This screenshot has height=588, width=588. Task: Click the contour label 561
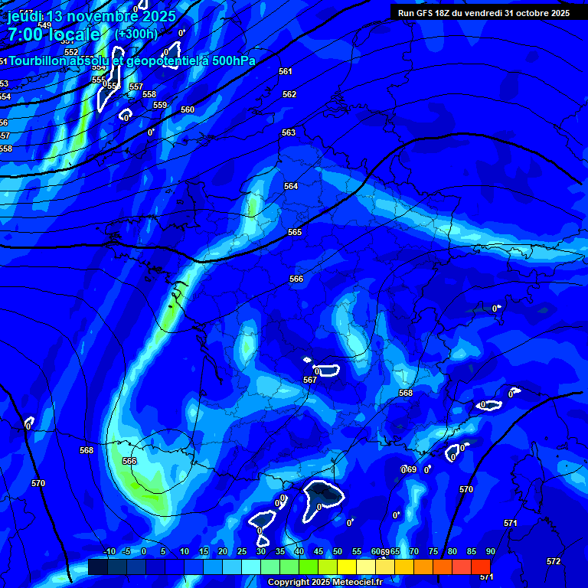pos(286,71)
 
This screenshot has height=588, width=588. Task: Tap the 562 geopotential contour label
pos(289,94)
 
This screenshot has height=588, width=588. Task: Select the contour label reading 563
pos(288,132)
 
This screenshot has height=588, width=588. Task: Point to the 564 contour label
pos(291,186)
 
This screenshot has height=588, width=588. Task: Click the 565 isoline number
pos(295,232)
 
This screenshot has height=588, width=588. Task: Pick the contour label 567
pos(310,380)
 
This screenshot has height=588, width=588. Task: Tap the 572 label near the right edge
pos(554,561)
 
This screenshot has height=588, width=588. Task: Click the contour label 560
pos(188,109)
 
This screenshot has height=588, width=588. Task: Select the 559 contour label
pos(160,105)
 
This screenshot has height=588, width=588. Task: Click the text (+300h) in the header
pos(136,34)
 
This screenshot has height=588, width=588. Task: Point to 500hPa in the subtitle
pos(226,60)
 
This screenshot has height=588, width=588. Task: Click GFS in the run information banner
pos(426,13)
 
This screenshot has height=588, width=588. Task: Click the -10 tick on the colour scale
pos(109,551)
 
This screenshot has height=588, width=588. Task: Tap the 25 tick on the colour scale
pos(242,551)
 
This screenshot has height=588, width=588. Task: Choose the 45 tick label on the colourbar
pos(318,551)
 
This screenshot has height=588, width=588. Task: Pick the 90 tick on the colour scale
pos(491,551)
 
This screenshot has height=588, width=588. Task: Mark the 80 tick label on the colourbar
pos(452,551)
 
